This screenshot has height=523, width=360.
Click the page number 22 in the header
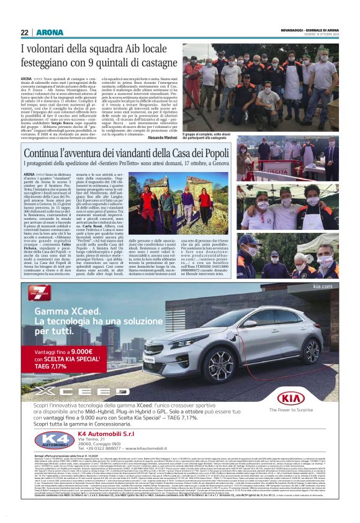click(24, 32)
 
